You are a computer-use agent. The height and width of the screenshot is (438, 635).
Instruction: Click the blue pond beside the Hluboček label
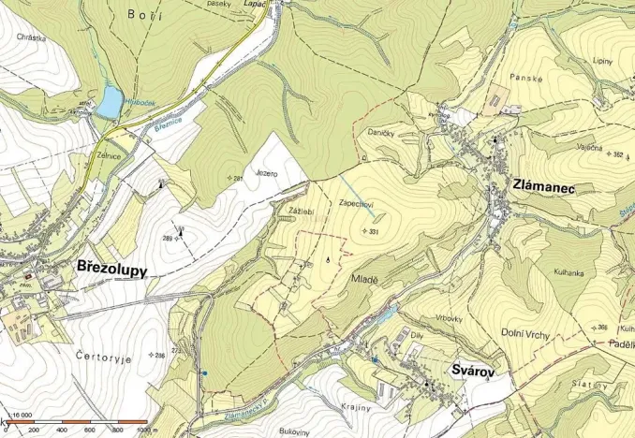point(110,102)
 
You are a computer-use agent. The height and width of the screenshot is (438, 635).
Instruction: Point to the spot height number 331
point(374,231)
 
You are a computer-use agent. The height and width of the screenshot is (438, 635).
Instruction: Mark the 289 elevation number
point(168,239)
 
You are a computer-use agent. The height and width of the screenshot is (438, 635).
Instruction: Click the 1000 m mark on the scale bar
point(143,431)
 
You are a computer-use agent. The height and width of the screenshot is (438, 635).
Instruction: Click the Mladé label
point(363,278)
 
